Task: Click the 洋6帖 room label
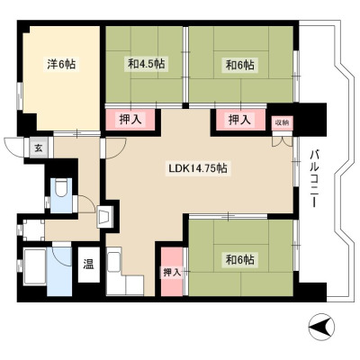coord(61,64)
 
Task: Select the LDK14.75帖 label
coord(198,168)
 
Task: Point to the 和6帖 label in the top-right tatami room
coord(240,65)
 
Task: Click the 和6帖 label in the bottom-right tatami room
coord(240,260)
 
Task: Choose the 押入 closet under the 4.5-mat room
coord(130,120)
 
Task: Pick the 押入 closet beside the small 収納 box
coord(240,120)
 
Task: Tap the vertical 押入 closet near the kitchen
coord(172,272)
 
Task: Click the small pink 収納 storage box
coord(283,122)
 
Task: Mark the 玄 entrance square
coord(39,148)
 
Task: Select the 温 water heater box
coord(88,265)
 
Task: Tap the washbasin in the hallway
coord(104,216)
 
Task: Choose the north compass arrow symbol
coord(321,326)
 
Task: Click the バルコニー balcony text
coord(314,178)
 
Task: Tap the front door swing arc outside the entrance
coord(13,147)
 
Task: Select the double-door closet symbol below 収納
coord(283,141)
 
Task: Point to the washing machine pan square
coord(34,230)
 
